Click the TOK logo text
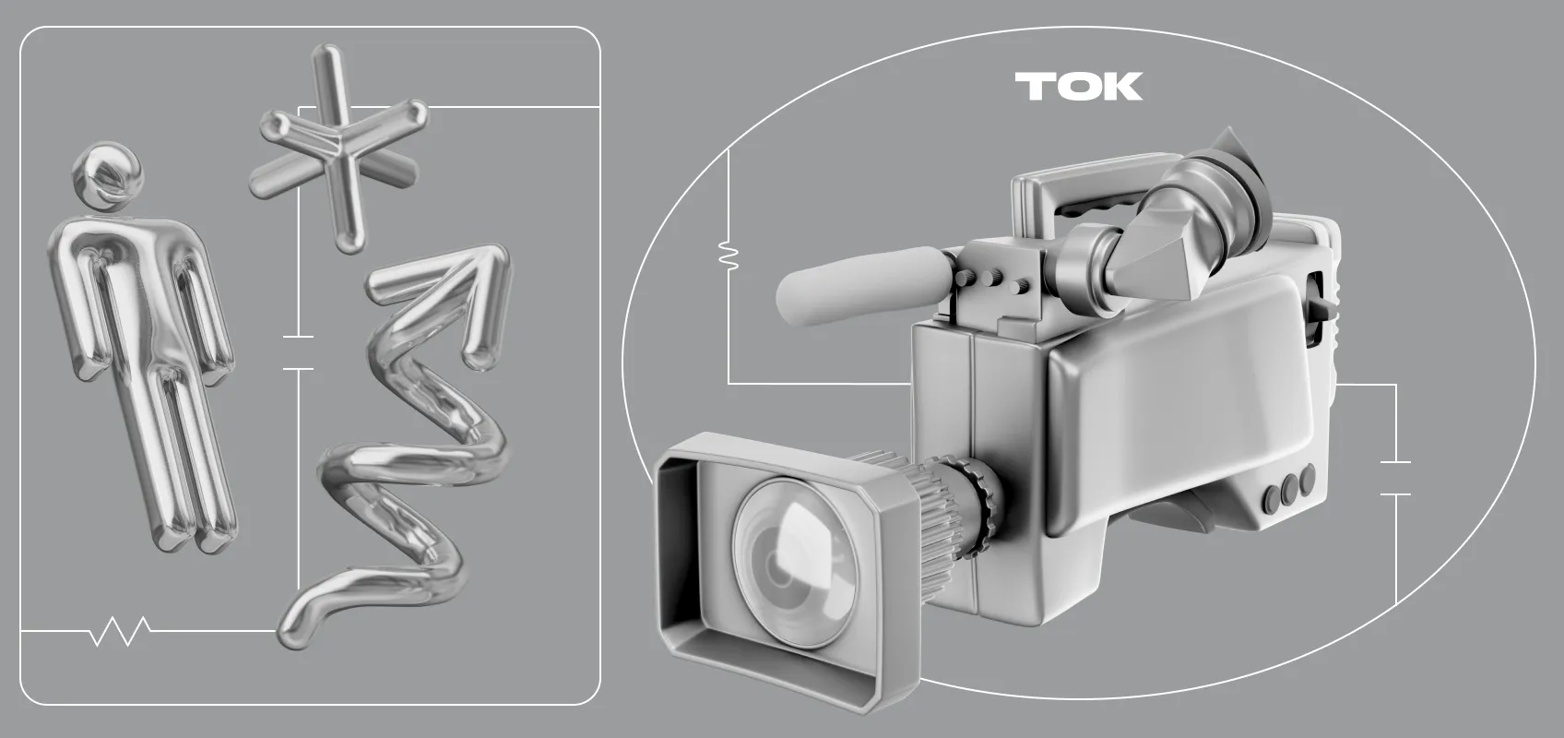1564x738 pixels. click(x=1079, y=87)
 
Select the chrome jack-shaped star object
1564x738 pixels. click(x=338, y=147)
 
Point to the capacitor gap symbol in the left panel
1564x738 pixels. click(x=298, y=352)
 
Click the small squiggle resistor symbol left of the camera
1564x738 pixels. click(x=729, y=256)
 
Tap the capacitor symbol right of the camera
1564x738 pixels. click(x=1395, y=478)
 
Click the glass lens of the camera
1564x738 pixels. click(x=794, y=562)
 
